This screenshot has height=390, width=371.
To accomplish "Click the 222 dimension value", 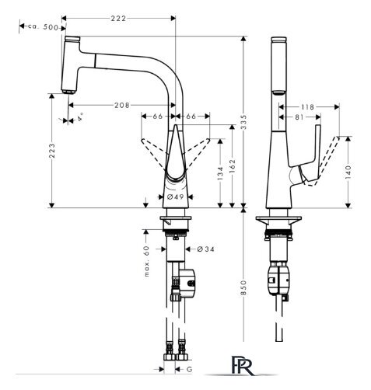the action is point(118,19).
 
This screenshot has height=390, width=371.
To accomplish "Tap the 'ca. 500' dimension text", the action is point(43,26).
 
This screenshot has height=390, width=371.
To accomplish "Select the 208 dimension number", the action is point(122,105).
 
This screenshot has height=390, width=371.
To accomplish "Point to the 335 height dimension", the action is point(244,122).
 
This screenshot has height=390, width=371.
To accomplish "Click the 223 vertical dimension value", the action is point(52,151).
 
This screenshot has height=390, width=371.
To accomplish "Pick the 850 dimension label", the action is point(243,287).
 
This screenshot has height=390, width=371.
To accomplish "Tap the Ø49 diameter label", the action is point(175,197).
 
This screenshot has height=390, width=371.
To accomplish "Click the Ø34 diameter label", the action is point(206,249).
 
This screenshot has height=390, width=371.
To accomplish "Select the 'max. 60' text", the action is point(147,261).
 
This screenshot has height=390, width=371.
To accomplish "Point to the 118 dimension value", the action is point(308,107).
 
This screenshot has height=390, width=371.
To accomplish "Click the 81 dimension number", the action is point(299,117).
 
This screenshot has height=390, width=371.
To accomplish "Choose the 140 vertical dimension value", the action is point(348,172).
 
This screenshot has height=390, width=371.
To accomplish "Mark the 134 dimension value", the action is point(220,173).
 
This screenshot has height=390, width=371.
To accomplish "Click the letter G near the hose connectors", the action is point(190,369).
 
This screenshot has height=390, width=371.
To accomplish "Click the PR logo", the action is point(242,365).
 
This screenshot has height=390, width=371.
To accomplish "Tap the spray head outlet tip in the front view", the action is point(68,92).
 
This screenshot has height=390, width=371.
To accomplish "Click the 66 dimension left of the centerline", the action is point(158,117).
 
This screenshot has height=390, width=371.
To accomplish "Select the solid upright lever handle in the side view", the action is point(317,150).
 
